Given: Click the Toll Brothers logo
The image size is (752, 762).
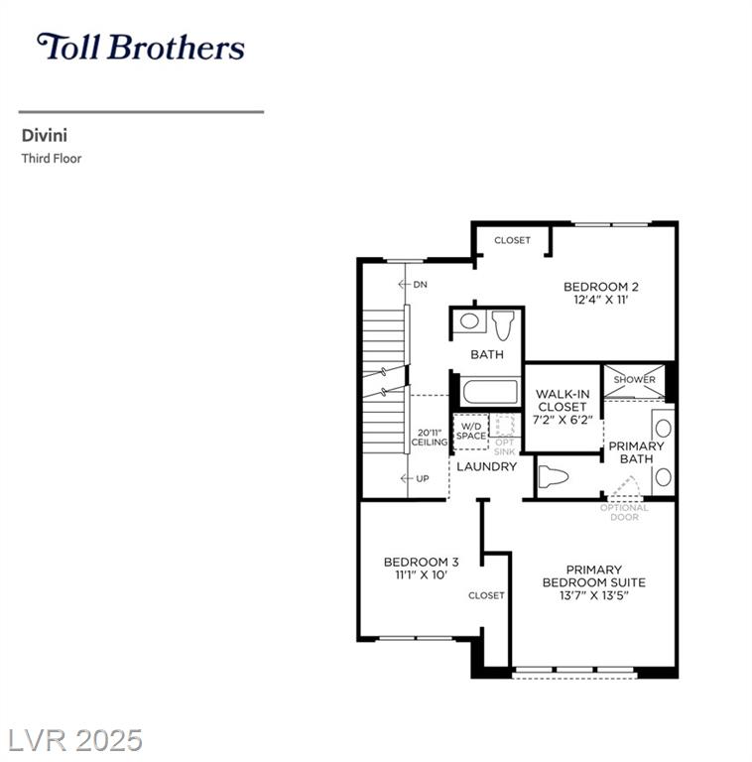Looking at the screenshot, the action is click(141, 47).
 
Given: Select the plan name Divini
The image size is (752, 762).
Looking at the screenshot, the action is click(45, 136).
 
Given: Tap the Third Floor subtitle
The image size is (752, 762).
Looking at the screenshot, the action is click(52, 159).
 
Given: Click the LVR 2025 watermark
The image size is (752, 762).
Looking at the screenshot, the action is click(75, 740).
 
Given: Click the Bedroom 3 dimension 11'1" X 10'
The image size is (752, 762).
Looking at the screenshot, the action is click(422, 574).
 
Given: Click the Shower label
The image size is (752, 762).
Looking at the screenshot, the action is click(635, 380).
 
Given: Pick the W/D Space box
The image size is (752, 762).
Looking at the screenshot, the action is click(470, 432).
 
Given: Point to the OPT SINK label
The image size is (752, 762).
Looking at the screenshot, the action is click(504, 447).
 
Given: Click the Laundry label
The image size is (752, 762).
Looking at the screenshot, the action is click(487, 466).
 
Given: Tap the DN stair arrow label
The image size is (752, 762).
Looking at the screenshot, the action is click(413, 285).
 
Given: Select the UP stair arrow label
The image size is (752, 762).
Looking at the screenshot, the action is click(415, 478).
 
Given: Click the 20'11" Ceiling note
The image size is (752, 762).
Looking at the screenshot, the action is click(430, 438).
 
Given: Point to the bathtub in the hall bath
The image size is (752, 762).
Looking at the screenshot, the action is click(490, 392).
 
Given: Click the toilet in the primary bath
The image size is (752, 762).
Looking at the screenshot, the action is click(554, 476).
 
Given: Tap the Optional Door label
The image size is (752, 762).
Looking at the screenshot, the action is click(624, 512).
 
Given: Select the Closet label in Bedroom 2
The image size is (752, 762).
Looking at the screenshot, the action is click(512, 240).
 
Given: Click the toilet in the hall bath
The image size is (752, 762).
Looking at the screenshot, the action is click(503, 325).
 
